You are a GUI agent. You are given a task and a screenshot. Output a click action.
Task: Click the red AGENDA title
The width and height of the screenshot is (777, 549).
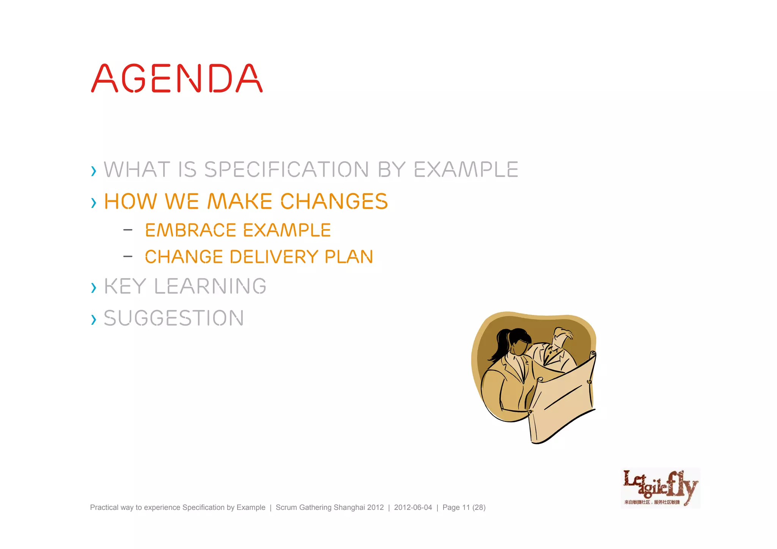[x=177, y=79]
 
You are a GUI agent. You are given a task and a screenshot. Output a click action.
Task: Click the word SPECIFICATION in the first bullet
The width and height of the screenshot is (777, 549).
[x=286, y=169]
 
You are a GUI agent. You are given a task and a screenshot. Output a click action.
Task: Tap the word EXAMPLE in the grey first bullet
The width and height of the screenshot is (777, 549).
[x=466, y=169]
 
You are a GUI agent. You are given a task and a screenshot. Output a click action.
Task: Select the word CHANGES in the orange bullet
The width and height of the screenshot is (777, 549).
[x=334, y=201]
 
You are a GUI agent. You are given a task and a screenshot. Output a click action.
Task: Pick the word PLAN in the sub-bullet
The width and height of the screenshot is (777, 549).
[x=349, y=257]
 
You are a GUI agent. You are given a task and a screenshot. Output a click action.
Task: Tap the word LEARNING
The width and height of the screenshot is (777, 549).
[x=210, y=286]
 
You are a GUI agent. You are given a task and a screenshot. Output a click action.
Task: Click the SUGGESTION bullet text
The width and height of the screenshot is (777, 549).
[x=174, y=318]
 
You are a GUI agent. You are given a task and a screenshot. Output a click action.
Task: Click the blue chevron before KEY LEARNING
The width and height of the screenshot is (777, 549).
[x=94, y=288]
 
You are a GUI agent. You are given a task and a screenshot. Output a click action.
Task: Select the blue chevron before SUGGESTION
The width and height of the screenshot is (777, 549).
[x=94, y=319]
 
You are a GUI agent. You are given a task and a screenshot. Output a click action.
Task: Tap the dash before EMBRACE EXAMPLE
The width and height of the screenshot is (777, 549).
[x=128, y=230]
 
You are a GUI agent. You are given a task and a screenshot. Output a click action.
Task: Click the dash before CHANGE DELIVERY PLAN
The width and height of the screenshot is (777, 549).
[x=128, y=256]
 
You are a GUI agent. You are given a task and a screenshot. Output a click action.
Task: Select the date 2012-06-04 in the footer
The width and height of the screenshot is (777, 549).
[x=413, y=507]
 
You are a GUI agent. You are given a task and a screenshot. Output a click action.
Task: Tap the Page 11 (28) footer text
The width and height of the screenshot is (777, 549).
[x=464, y=507]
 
